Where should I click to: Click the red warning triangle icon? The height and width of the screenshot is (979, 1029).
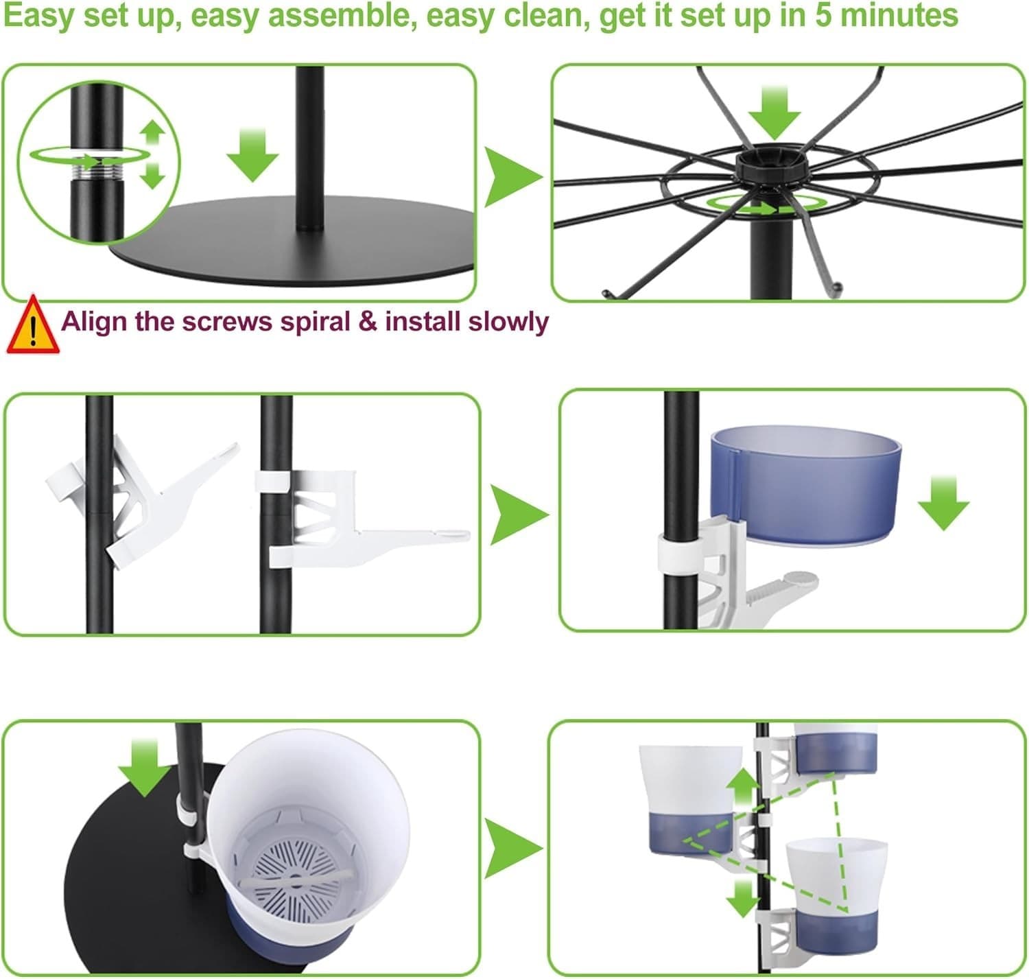point(32,325)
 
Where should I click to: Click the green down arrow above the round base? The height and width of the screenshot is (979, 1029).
point(253,155)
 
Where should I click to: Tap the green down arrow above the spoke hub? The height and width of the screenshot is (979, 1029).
point(774,113)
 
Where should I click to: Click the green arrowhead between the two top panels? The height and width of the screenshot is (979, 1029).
point(512,177)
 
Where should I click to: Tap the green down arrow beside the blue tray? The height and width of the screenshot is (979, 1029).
point(943,503)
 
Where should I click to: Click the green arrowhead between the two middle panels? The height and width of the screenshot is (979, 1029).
point(519,515)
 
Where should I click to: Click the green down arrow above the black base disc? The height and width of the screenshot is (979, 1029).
point(145,768)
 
